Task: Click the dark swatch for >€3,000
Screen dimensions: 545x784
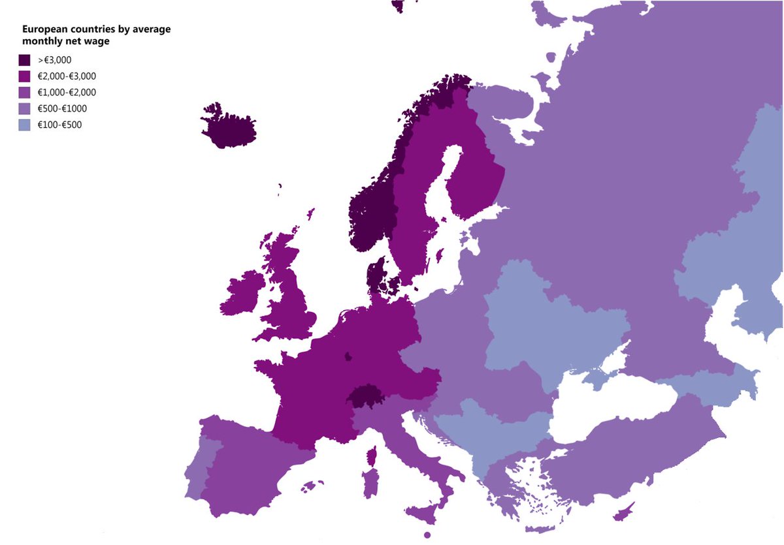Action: click(25, 60)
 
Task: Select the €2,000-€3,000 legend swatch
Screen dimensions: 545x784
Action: click(25, 76)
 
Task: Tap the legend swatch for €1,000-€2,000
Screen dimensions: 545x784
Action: click(25, 92)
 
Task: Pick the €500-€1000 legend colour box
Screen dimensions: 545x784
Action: click(25, 108)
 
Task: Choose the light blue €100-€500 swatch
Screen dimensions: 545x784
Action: click(25, 124)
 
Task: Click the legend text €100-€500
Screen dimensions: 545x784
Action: click(60, 125)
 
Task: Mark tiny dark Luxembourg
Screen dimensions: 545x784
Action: click(348, 356)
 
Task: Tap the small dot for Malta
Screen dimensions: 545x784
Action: click(427, 535)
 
